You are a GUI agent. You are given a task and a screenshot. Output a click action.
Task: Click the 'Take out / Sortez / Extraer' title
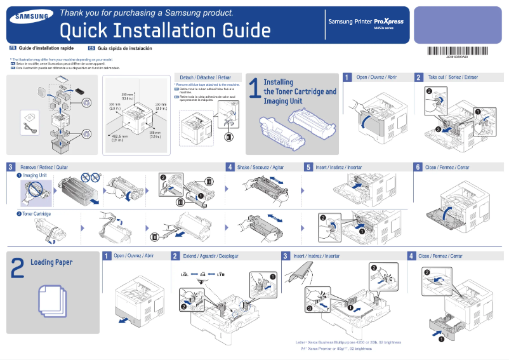click(453, 77)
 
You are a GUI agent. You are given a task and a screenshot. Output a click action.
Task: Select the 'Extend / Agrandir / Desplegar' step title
click(210, 256)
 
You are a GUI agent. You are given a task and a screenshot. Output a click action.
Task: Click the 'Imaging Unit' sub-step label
click(35, 175)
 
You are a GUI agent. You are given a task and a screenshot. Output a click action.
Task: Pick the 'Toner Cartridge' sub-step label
click(36, 214)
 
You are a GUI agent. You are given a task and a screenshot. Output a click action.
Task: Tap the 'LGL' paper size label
click(184, 274)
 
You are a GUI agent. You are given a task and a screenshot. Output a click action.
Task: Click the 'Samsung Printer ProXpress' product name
click(366, 22)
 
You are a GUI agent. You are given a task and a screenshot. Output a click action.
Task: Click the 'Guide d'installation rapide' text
click(46, 48)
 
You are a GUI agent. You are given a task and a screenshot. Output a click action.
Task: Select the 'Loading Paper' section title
click(51, 262)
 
